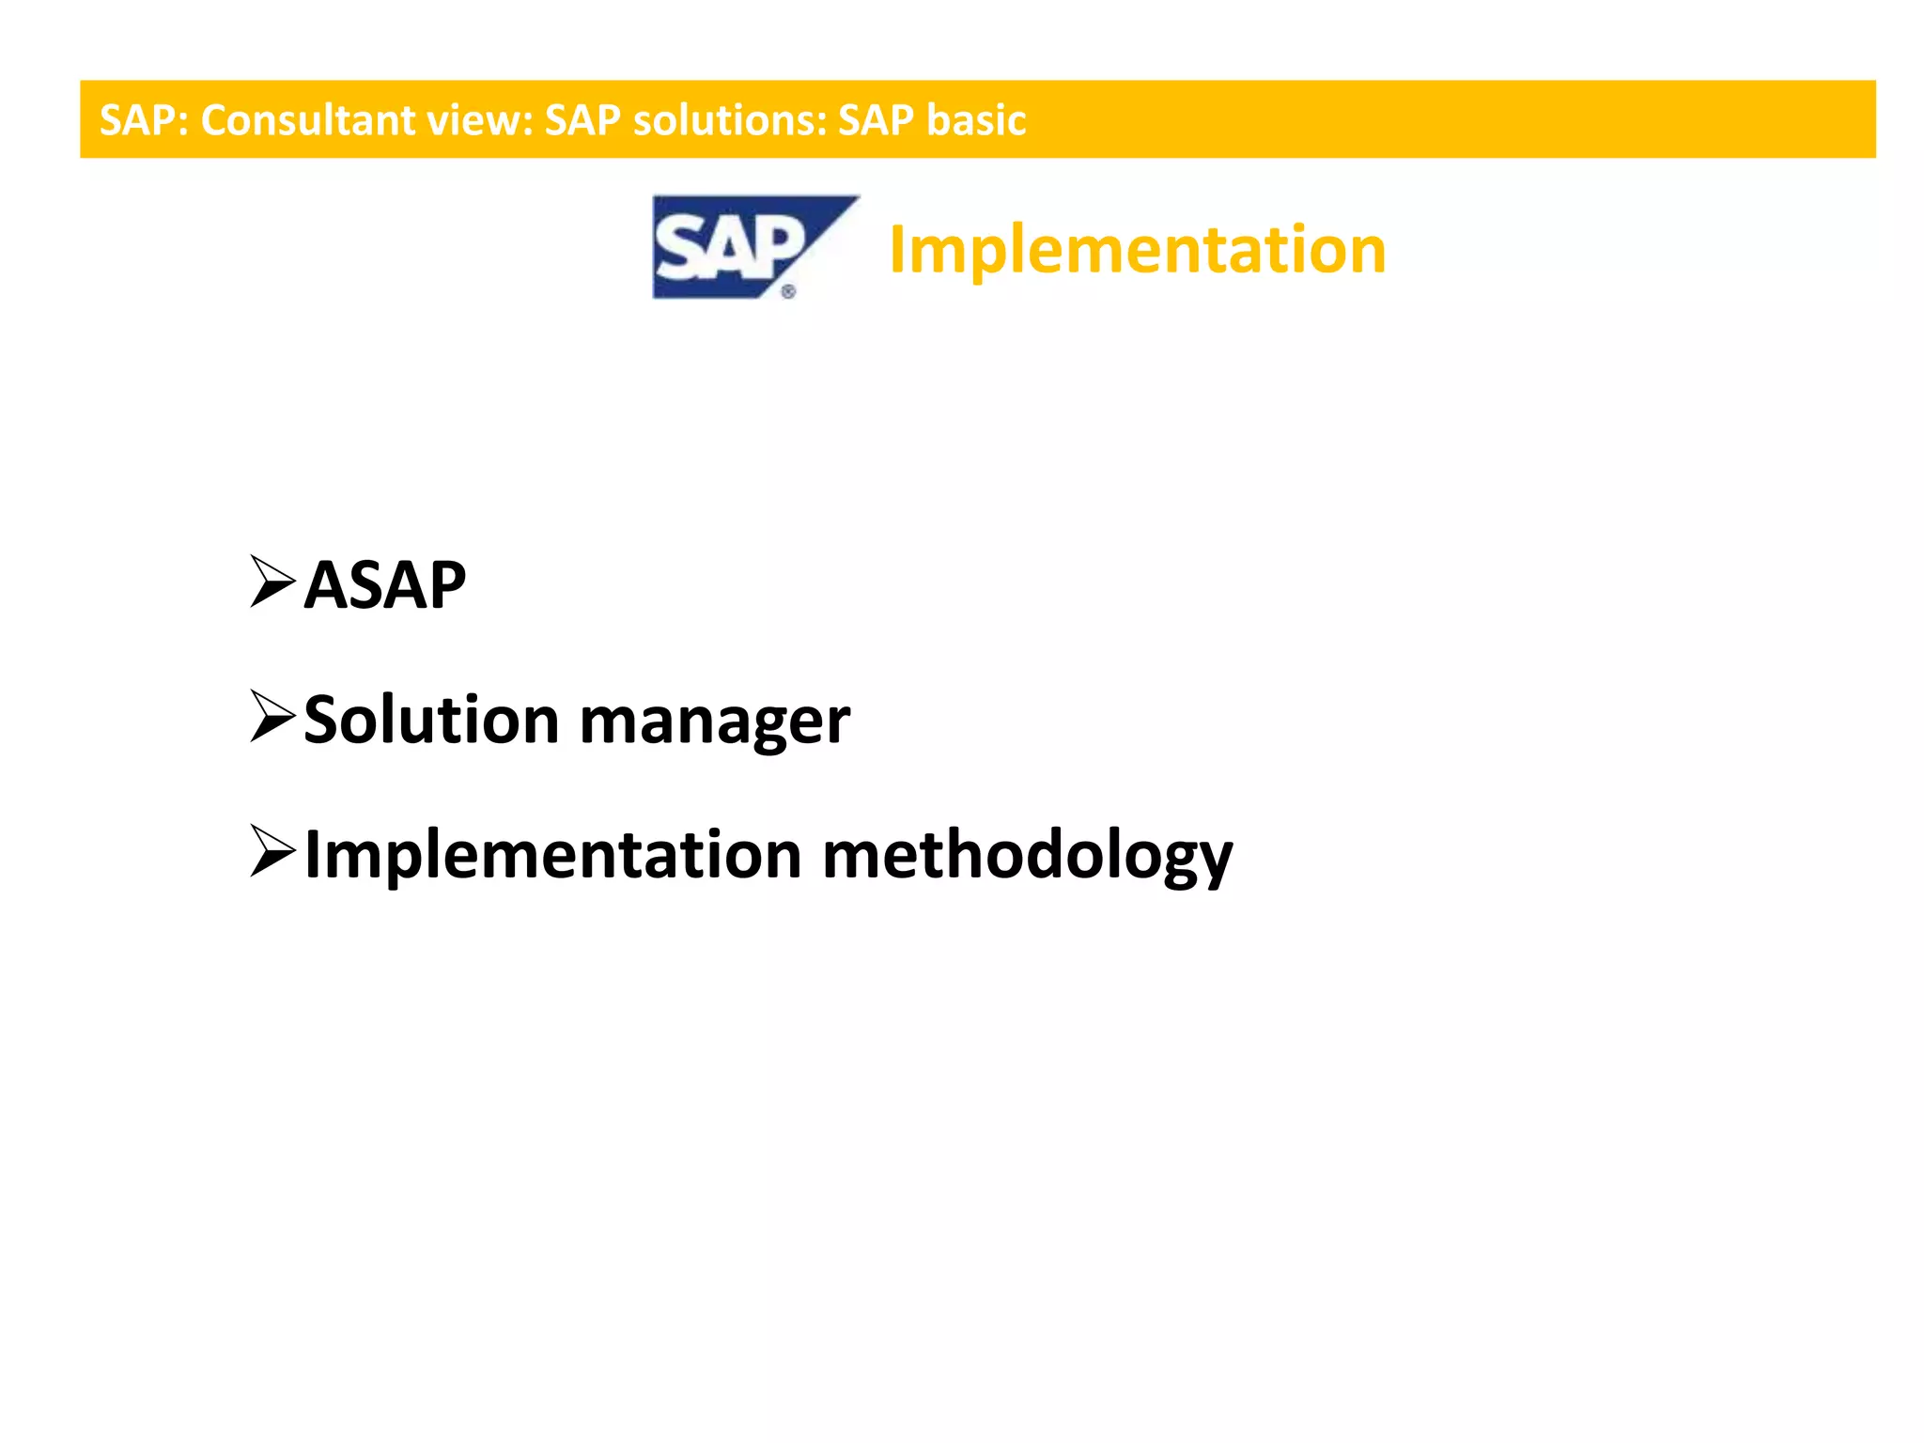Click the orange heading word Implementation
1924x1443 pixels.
tap(1137, 250)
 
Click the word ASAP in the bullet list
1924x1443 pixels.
tap(384, 585)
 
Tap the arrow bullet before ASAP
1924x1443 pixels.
tap(272, 582)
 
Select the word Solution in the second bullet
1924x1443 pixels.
tap(431, 721)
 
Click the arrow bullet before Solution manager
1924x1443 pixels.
tap(272, 717)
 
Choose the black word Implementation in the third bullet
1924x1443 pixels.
tap(552, 855)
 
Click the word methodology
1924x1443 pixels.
tap(1027, 857)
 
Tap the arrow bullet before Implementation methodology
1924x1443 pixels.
tap(272, 851)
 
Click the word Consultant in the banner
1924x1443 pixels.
tap(307, 120)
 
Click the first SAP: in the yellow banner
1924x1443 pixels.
tap(145, 120)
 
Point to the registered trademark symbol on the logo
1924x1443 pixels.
tap(788, 292)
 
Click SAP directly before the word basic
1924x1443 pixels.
tap(876, 120)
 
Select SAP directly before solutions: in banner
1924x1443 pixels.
tap(582, 120)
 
